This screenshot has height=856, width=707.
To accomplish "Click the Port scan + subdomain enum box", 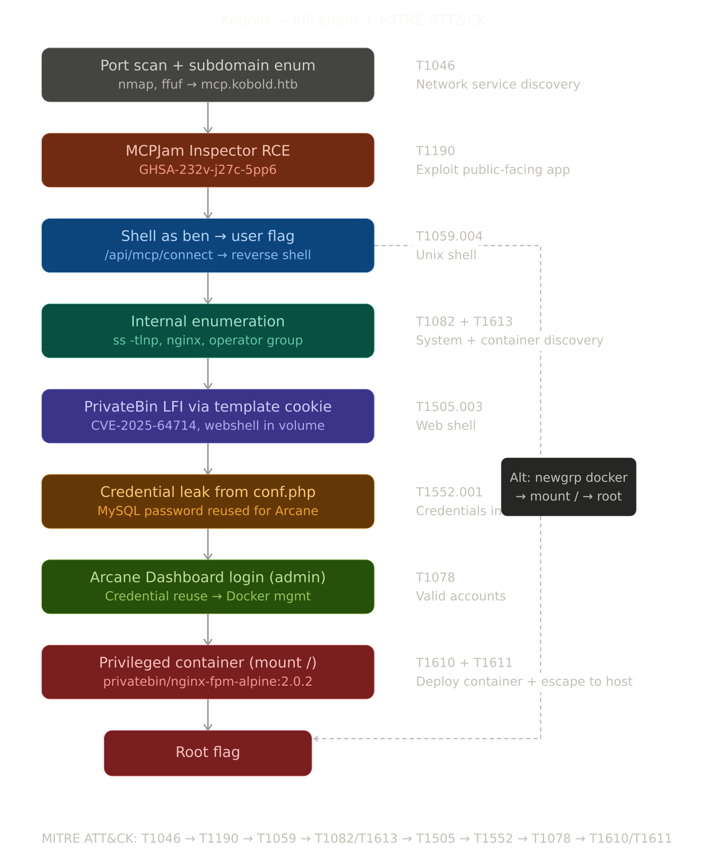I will click(208, 75).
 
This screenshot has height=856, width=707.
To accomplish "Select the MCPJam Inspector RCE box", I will click(208, 160).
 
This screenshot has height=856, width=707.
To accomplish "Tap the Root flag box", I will click(208, 753).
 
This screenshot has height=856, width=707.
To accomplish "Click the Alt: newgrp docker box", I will click(568, 487).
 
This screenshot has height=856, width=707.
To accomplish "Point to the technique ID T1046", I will click(435, 65).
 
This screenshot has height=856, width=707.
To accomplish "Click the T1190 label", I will click(435, 151).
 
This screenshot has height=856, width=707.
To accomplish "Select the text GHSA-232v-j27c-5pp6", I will click(208, 170).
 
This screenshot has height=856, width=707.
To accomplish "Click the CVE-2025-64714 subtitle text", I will click(208, 426).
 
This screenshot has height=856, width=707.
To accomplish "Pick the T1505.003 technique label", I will click(449, 407).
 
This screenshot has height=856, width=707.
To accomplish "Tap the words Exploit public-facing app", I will click(492, 170).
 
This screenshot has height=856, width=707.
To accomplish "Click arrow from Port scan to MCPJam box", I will click(208, 117).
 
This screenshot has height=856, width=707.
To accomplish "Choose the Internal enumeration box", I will click(208, 331).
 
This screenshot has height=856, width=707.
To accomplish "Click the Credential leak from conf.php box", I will click(208, 501).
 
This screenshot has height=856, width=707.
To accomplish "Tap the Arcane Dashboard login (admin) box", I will click(208, 586).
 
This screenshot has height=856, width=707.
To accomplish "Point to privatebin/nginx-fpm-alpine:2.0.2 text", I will click(208, 682).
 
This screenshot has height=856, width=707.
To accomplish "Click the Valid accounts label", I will click(461, 596).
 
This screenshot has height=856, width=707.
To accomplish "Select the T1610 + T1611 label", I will click(464, 663).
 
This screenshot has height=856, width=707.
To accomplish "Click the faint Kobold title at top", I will click(353, 20).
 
